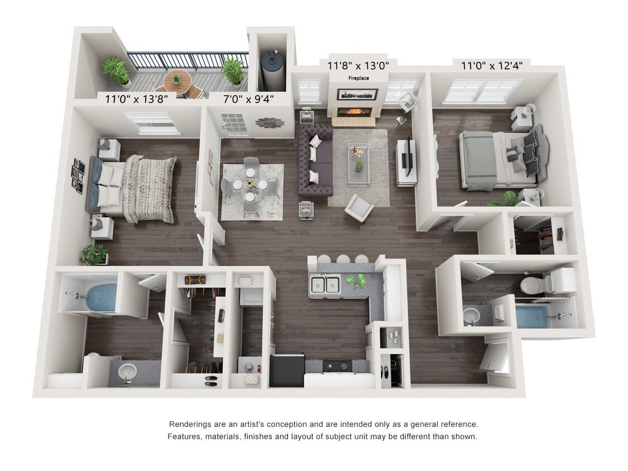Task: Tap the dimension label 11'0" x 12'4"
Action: point(492,66)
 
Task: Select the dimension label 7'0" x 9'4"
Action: point(241,99)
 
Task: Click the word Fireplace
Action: point(359,78)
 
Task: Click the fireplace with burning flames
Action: point(353,111)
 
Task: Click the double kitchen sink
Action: point(325,285)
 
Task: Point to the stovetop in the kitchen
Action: point(337,366)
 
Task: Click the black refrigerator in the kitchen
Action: point(286,371)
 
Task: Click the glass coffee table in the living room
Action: point(358,164)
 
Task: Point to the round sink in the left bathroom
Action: point(128,370)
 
